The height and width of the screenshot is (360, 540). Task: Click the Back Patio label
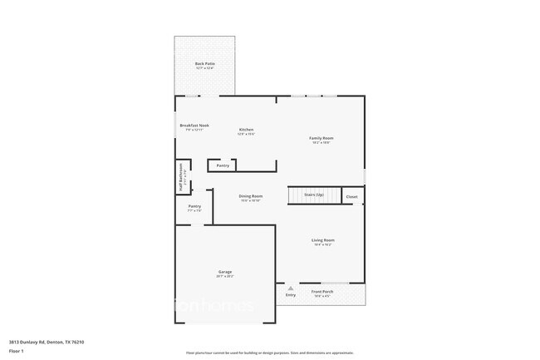tap(204, 63)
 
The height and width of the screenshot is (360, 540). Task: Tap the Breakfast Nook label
tap(194, 126)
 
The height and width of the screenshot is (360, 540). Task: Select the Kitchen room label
tap(247, 130)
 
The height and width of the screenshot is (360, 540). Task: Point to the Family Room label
tap(322, 138)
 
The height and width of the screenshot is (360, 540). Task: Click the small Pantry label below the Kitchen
tap(223, 165)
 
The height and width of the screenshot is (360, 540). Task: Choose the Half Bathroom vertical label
tap(181, 176)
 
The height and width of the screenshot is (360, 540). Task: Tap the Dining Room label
tap(251, 196)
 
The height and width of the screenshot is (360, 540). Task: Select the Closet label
tap(351, 197)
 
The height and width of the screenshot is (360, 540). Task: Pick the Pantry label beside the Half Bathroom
tap(194, 206)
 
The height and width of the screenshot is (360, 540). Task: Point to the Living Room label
tap(323, 240)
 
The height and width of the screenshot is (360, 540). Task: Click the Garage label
tap(225, 272)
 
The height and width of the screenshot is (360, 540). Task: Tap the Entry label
tap(291, 295)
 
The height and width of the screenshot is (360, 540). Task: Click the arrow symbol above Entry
tap(291, 288)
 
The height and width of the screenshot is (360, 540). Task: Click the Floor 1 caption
tap(17, 351)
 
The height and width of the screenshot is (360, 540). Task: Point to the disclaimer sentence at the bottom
tap(270, 353)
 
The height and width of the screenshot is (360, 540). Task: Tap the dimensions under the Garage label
tap(225, 276)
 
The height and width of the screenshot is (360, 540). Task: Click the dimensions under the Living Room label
tap(323, 244)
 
